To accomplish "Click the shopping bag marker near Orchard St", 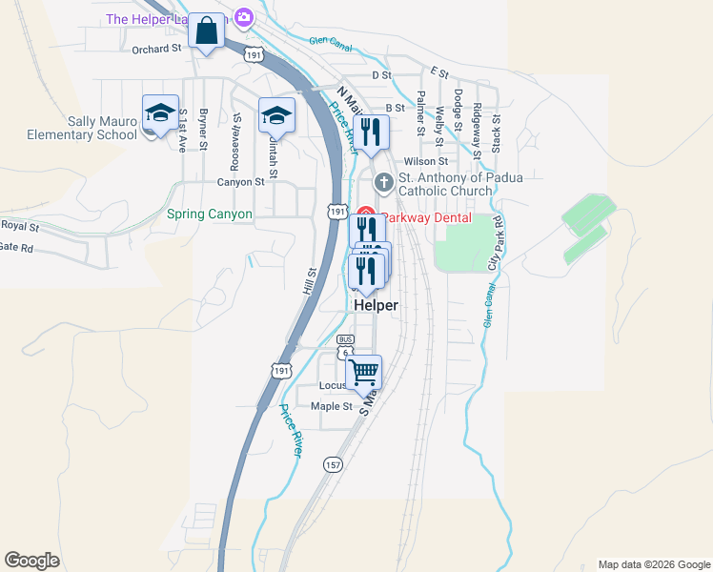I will [205, 31].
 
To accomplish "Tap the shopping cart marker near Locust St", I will [363, 372].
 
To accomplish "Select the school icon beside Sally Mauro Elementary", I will [160, 114].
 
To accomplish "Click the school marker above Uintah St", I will [276, 116].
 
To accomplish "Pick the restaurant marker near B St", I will [370, 133].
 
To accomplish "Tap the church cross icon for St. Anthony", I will [384, 181].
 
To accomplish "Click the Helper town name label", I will [376, 305].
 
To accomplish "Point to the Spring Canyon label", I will [210, 214].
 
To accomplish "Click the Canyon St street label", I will [240, 182].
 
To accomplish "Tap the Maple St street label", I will [332, 406].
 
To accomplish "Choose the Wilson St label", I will [425, 162].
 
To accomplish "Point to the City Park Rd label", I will [495, 241].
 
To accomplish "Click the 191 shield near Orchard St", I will [254, 54].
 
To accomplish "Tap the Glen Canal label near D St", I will [331, 42].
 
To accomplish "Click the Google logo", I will [31, 561].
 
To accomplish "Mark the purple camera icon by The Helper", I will [244, 17].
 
